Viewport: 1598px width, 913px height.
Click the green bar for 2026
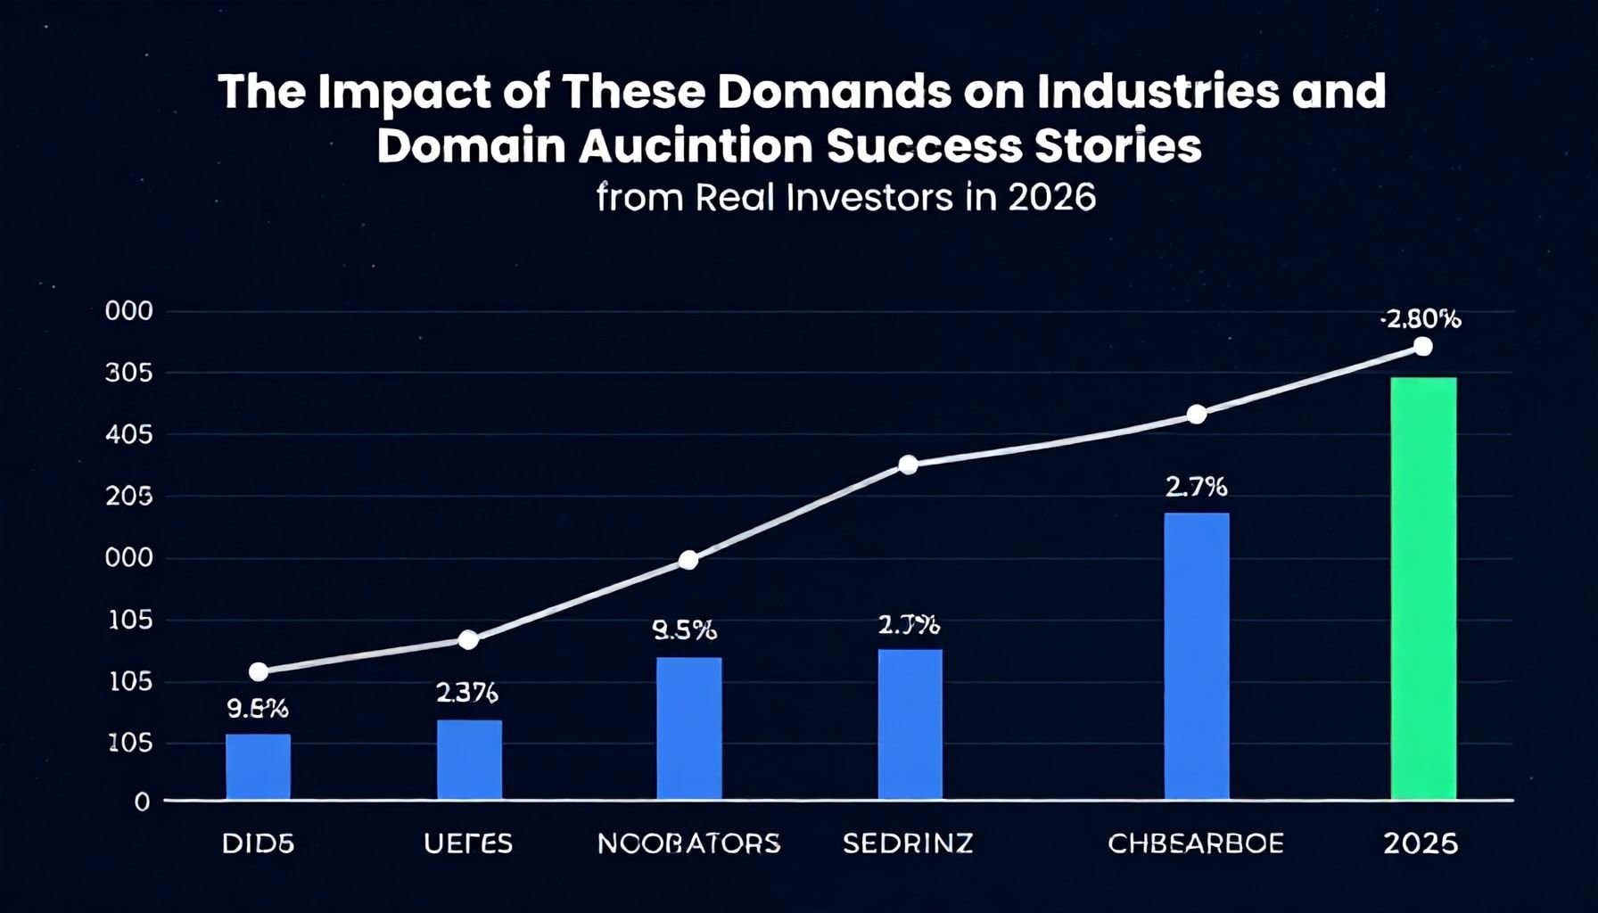(x=1423, y=588)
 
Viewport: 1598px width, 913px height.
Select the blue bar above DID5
(x=258, y=767)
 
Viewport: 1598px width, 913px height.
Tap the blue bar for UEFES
(x=469, y=760)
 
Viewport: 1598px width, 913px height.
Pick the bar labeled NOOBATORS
(x=688, y=728)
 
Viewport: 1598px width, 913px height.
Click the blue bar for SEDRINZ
(x=910, y=724)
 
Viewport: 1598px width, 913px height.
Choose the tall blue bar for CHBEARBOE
(x=1196, y=656)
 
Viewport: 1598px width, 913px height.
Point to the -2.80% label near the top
(x=1421, y=319)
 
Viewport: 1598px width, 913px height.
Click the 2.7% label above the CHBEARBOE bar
(x=1196, y=487)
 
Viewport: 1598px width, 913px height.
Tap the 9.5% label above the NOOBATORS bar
(x=684, y=630)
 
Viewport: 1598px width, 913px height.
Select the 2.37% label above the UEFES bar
(x=466, y=692)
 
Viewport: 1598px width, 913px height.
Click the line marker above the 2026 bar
(x=1423, y=347)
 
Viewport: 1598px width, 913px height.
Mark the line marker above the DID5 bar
(x=259, y=671)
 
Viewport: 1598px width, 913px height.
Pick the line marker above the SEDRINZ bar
(x=908, y=465)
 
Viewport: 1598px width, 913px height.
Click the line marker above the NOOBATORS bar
(x=688, y=560)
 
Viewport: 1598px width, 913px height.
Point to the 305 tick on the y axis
(x=129, y=373)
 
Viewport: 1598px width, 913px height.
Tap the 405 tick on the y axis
(x=129, y=435)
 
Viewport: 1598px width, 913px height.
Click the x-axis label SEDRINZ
(x=908, y=843)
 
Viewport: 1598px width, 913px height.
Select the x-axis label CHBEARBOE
(x=1195, y=843)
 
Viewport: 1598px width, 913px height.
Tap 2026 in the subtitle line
(x=1051, y=197)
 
